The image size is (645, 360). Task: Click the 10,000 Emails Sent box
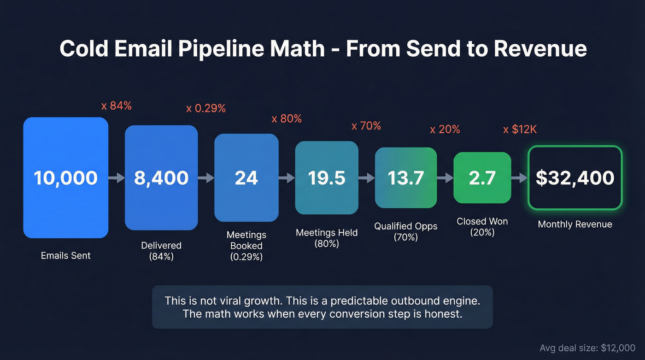coord(65,178)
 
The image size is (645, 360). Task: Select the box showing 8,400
coord(161,178)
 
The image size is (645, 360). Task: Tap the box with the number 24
coord(246,178)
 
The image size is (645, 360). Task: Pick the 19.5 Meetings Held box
coord(327,178)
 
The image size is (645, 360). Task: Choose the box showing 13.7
coord(405,178)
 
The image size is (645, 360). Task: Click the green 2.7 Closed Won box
coord(482,178)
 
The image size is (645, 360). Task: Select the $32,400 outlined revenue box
coord(575,178)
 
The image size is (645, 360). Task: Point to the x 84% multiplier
coord(117,106)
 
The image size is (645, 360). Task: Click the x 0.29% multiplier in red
coord(206,109)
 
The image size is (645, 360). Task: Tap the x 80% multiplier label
coord(287,119)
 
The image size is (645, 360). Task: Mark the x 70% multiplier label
coord(366,126)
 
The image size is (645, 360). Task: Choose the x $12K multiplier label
coord(520,130)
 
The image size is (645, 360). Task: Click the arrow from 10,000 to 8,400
coord(117,178)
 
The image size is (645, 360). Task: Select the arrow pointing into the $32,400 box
coord(519,178)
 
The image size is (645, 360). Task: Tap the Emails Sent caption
coord(65,256)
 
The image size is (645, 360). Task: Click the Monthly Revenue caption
coord(575,224)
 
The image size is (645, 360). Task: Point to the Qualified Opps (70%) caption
coord(405,232)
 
